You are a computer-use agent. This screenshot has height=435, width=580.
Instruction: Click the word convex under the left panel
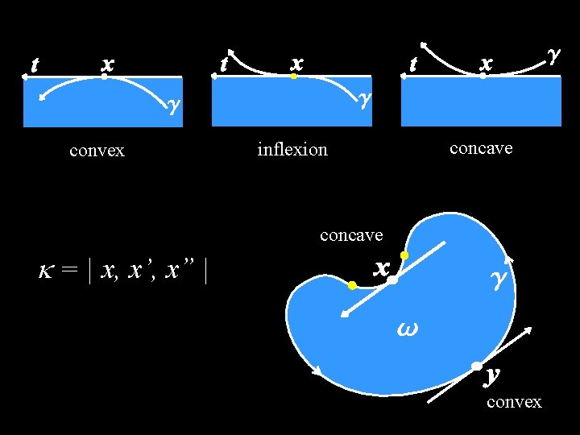97,151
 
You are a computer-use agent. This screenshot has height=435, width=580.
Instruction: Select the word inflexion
292,150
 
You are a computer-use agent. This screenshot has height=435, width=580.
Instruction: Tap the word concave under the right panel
481,148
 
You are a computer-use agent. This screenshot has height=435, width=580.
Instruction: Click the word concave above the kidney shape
351,235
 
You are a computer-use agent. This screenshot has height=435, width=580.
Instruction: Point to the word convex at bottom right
514,401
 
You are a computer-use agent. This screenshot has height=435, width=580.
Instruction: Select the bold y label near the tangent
493,375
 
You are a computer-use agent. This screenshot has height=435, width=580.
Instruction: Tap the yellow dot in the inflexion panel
295,77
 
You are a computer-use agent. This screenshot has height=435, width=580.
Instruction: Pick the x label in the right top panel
485,62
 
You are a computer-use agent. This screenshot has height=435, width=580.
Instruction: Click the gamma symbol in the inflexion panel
365,98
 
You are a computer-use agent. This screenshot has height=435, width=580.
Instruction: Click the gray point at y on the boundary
477,367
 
